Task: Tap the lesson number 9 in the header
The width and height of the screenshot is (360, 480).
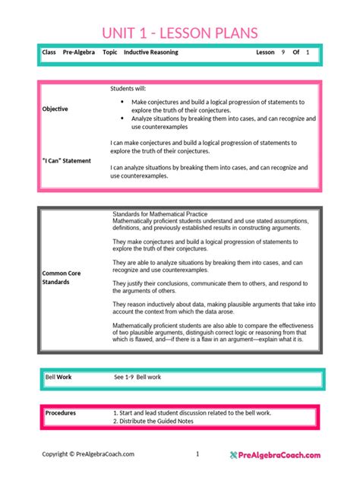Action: point(283,52)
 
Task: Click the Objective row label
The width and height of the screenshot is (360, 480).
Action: point(55,109)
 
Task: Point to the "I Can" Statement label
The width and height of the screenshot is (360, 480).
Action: point(66,160)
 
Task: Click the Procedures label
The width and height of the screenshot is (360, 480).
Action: point(61,412)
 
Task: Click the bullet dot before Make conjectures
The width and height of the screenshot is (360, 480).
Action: point(123,101)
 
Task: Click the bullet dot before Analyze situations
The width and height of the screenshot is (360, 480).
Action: point(123,118)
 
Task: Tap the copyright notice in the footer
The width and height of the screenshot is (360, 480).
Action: point(88,454)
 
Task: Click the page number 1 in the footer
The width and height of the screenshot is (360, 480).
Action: point(197,454)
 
